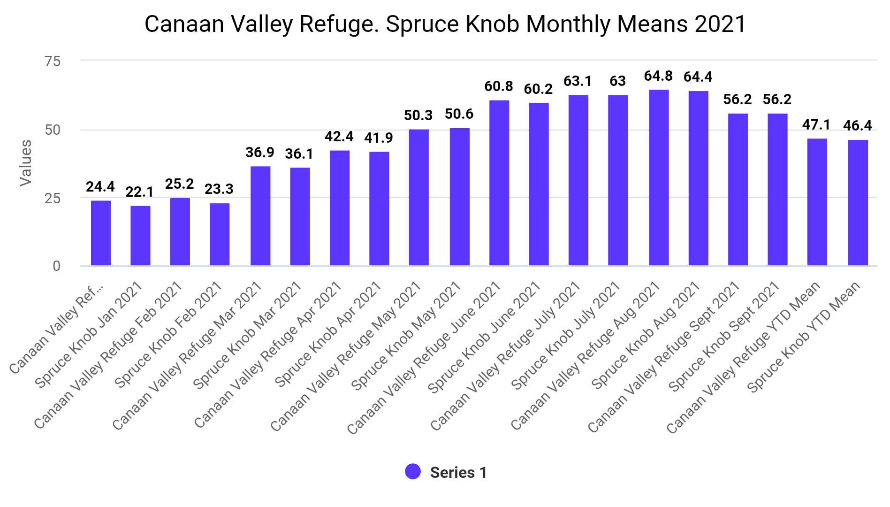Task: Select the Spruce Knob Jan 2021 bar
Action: (x=140, y=236)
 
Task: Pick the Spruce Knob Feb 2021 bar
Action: (x=220, y=234)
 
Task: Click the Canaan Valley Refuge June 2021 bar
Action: (x=499, y=183)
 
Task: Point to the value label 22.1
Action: (x=140, y=192)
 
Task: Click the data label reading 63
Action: (x=617, y=81)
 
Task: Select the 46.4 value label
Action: (x=857, y=126)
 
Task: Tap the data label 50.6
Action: (x=459, y=114)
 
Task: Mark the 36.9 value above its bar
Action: (x=260, y=153)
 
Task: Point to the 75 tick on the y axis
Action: (x=53, y=61)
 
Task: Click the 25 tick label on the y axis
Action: (x=53, y=198)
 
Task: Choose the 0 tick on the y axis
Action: (x=56, y=266)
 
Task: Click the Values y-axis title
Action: (x=26, y=163)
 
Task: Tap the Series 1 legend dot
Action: (x=413, y=472)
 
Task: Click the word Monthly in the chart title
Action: (x=568, y=24)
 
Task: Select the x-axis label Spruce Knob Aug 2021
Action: (x=645, y=336)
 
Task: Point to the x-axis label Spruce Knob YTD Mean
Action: (x=803, y=337)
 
